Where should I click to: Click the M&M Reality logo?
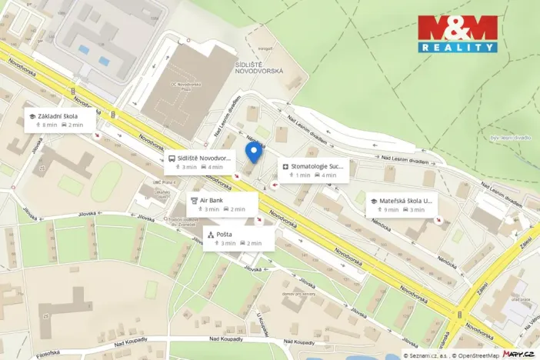458,33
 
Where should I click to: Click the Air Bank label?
212,200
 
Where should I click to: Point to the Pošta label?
225,234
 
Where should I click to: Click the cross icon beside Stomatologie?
285,166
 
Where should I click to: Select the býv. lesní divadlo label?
511,138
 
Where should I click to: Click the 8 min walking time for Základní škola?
49,125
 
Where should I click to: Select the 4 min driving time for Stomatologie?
328,175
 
